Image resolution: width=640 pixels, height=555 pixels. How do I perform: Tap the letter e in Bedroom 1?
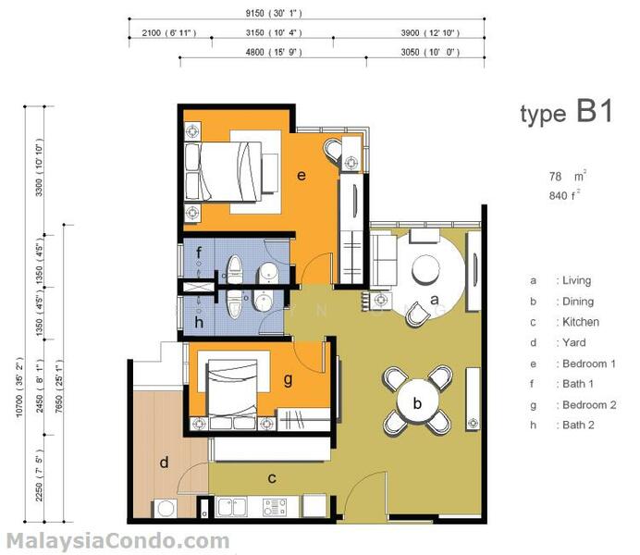[x=302, y=176]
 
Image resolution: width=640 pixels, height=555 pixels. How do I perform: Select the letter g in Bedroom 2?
[x=288, y=380]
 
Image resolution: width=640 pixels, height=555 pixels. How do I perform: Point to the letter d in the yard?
[x=164, y=462]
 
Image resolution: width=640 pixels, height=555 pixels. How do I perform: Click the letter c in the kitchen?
[x=272, y=478]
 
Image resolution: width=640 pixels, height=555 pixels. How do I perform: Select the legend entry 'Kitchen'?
[x=581, y=322]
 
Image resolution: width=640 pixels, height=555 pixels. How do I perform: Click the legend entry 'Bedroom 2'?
[x=589, y=405]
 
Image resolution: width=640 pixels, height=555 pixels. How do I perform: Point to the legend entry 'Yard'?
[x=574, y=342]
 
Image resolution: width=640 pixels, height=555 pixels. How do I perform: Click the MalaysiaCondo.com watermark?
[x=118, y=541]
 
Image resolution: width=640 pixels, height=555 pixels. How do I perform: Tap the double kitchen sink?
[x=230, y=507]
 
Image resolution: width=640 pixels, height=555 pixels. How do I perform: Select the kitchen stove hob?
[x=275, y=507]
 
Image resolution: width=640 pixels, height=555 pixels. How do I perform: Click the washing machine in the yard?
[x=166, y=509]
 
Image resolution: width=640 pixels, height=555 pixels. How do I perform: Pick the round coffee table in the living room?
[x=425, y=269]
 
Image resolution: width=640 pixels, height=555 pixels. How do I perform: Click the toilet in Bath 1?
[x=234, y=268]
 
